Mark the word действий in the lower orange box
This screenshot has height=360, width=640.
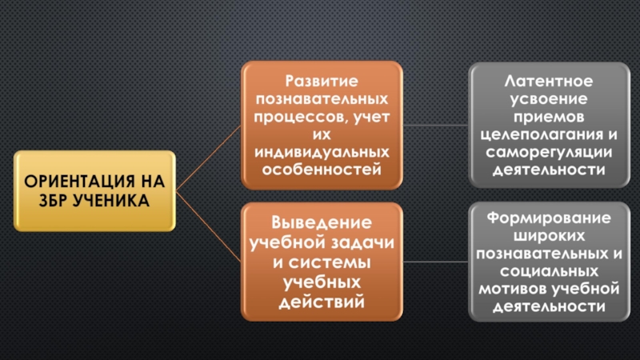tap(317, 302)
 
